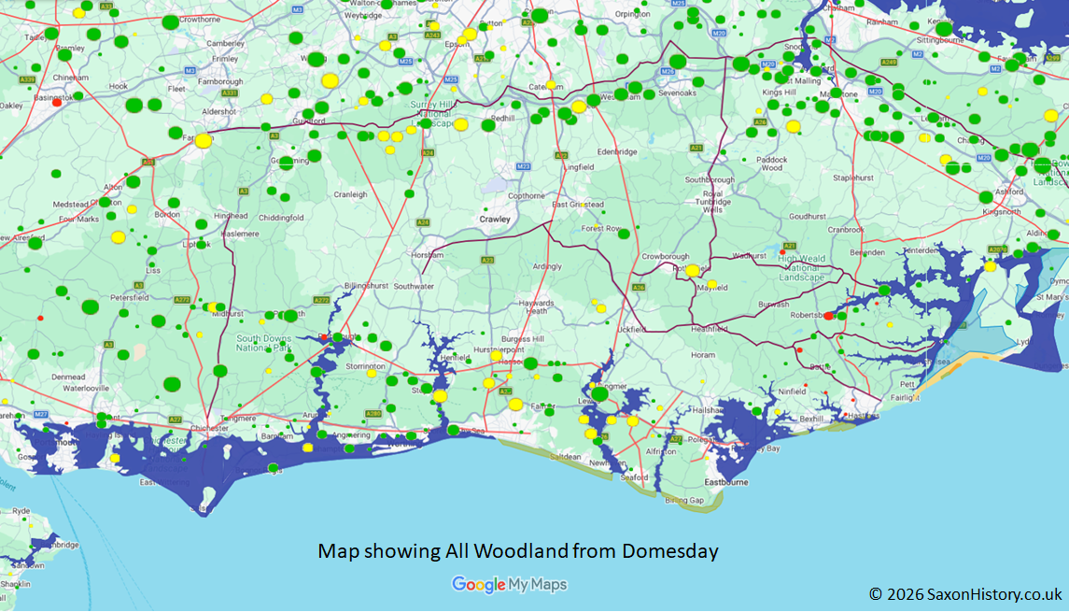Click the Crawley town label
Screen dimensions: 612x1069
(495, 219)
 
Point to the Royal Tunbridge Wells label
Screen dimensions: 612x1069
(712, 202)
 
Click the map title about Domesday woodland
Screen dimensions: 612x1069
(518, 551)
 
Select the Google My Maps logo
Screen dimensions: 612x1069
(509, 585)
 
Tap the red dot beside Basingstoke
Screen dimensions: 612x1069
(57, 103)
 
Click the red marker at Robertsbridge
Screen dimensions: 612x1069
(828, 316)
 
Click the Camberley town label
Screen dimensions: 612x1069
(225, 43)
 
